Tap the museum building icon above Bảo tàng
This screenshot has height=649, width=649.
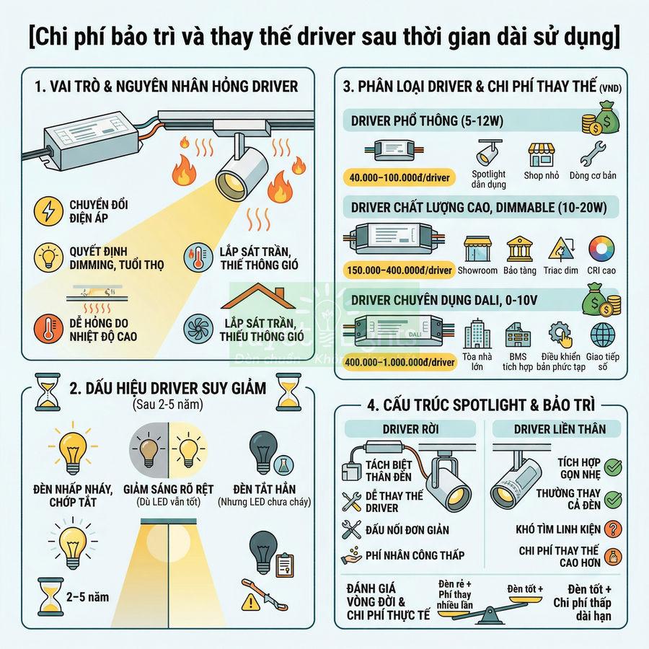pos(519,250)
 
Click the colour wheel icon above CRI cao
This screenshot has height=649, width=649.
pos(601,249)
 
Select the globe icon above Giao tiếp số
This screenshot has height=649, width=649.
pos(603,335)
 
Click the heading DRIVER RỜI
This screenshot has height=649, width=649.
pos(410,429)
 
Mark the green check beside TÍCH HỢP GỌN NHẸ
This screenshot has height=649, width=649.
pos(613,468)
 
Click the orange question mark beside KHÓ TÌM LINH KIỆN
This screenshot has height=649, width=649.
pos(613,529)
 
